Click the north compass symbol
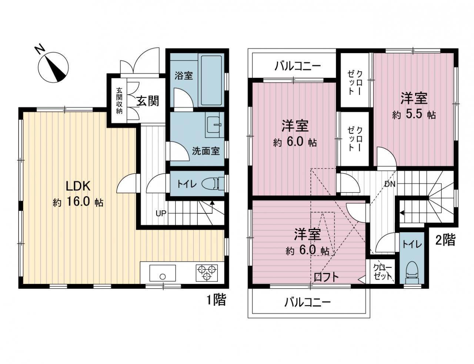tap(53, 67)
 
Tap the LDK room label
tap(78, 186)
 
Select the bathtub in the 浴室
tap(211, 80)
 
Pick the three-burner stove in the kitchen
tap(207, 273)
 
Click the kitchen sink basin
tap(163, 273)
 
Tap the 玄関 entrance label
tap(148, 101)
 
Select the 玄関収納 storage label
tap(119, 101)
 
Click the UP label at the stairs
tap(161, 213)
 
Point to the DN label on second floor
tap(390, 184)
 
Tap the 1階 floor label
tap(216, 299)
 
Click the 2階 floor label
tap(445, 240)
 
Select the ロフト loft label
tap(326, 278)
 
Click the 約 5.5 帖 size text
tap(414, 114)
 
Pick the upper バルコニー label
tap(298, 66)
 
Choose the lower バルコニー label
tap(308, 302)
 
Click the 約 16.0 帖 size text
tap(78, 202)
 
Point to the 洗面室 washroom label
tap(206, 151)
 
